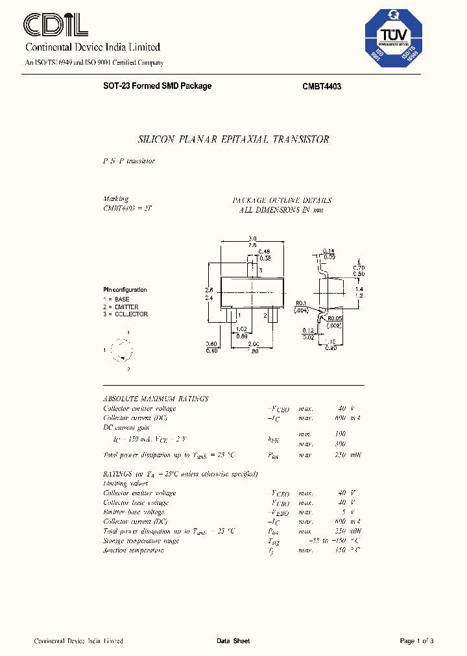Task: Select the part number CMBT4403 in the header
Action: point(322,86)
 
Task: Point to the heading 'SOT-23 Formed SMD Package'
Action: point(157,86)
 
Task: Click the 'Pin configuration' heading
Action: point(125,290)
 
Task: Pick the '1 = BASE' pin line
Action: point(117,299)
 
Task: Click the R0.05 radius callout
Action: point(334,318)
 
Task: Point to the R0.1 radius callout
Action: point(301,303)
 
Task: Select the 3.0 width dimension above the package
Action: point(253,238)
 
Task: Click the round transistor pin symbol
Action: point(121,351)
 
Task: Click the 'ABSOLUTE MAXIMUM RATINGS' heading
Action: point(156,399)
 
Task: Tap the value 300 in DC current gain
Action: point(341,444)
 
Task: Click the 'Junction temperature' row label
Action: point(134,550)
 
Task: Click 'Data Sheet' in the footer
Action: point(233,641)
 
